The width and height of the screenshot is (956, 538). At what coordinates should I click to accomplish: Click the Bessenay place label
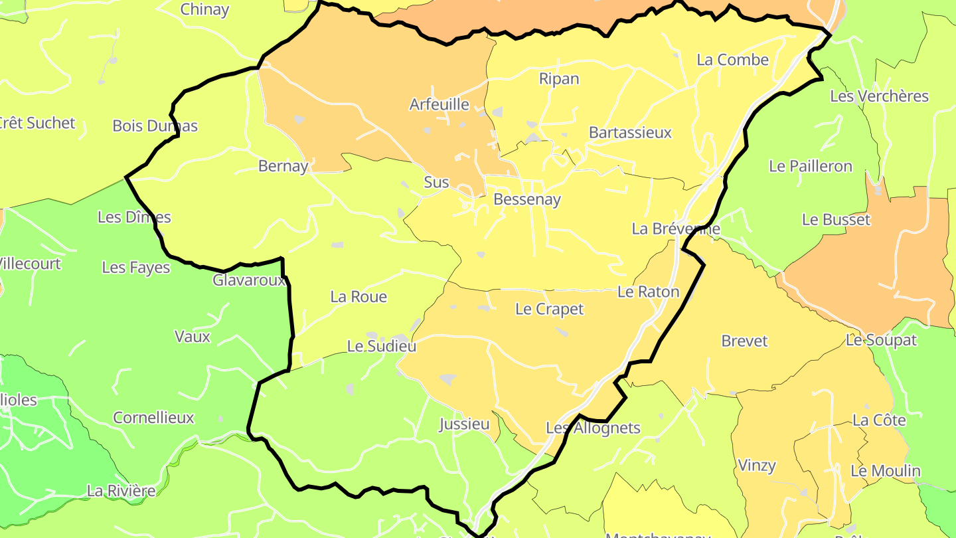527,199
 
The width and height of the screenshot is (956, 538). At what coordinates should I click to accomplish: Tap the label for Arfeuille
439,104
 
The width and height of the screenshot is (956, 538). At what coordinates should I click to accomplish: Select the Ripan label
559,79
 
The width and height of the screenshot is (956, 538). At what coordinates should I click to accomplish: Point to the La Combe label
732,60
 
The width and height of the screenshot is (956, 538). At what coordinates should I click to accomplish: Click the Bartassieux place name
630,133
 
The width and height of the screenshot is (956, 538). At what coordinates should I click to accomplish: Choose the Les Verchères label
879,96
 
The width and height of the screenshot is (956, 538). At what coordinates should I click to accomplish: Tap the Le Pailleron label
810,166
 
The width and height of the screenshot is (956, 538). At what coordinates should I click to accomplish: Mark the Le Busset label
836,219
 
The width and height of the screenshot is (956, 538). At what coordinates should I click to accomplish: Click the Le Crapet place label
549,309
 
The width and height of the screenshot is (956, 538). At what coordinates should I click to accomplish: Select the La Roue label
358,297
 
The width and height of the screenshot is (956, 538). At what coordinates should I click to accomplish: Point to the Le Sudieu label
382,346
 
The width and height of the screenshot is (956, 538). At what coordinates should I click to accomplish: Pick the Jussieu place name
464,424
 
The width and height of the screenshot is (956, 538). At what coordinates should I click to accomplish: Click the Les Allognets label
593,428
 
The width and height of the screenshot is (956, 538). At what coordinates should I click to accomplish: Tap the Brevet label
744,341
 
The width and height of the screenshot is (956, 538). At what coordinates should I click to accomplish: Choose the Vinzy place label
757,466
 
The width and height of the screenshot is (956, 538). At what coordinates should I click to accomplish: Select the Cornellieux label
153,418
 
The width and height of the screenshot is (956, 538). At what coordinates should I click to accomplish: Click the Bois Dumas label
155,126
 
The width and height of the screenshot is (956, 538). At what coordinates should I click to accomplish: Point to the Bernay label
283,166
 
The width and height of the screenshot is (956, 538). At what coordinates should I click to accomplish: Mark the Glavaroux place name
249,280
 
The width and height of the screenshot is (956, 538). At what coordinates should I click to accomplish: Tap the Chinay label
204,9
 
